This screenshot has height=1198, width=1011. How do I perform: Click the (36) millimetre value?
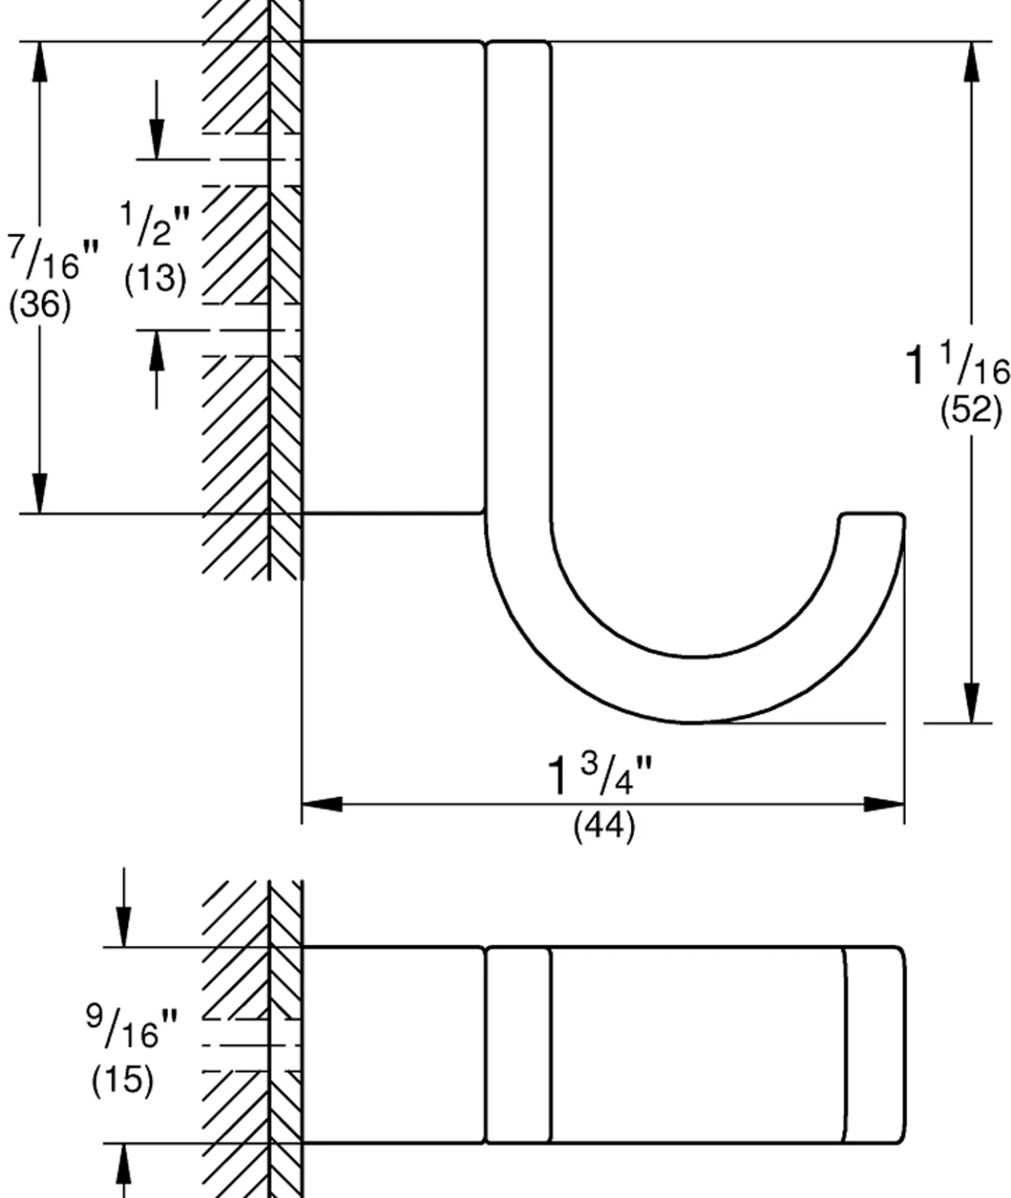[40, 305]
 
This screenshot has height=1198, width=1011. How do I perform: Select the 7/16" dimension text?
[53, 258]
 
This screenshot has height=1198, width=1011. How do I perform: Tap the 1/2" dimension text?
[155, 225]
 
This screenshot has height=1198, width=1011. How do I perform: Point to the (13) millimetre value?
[155, 280]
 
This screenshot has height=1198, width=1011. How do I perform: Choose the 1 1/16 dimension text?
[957, 364]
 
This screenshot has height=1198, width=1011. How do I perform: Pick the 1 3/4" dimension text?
[600, 775]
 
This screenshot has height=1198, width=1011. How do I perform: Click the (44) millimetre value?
[604, 826]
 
